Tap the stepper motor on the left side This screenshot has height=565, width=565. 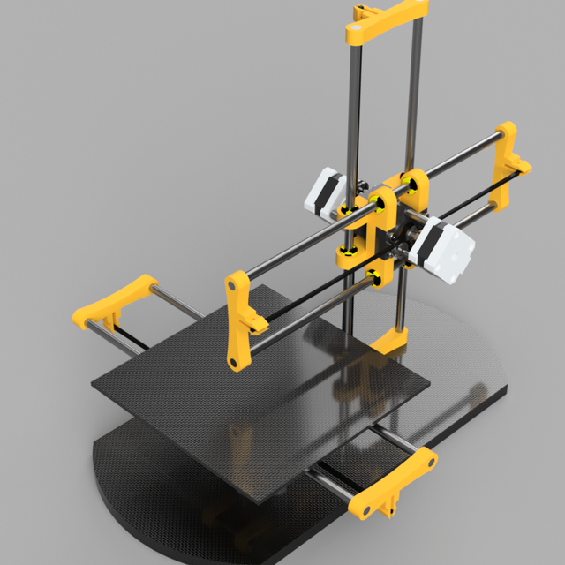coord(324,192)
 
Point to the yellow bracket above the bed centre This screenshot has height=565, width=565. coord(240,318)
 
